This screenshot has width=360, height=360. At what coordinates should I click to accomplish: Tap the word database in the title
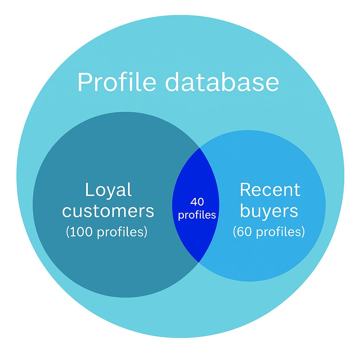click(x=222, y=82)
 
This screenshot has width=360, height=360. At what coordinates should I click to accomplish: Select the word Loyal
click(x=108, y=190)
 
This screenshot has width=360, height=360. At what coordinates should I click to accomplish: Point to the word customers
click(x=108, y=211)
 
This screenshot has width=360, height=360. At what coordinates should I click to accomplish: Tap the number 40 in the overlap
click(x=197, y=202)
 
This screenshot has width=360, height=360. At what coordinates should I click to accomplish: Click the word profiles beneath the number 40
click(x=197, y=215)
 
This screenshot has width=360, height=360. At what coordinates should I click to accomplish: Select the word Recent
click(x=270, y=190)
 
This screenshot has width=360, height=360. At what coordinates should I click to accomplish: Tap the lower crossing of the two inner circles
click(x=199, y=262)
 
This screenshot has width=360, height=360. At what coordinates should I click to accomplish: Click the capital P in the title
click(x=86, y=82)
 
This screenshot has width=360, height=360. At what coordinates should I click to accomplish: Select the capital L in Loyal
click(x=89, y=190)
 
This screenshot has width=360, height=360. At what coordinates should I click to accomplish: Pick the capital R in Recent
click(x=246, y=190)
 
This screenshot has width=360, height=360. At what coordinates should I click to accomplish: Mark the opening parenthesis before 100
click(x=68, y=232)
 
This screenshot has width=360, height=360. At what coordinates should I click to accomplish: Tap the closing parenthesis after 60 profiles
click(x=303, y=232)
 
